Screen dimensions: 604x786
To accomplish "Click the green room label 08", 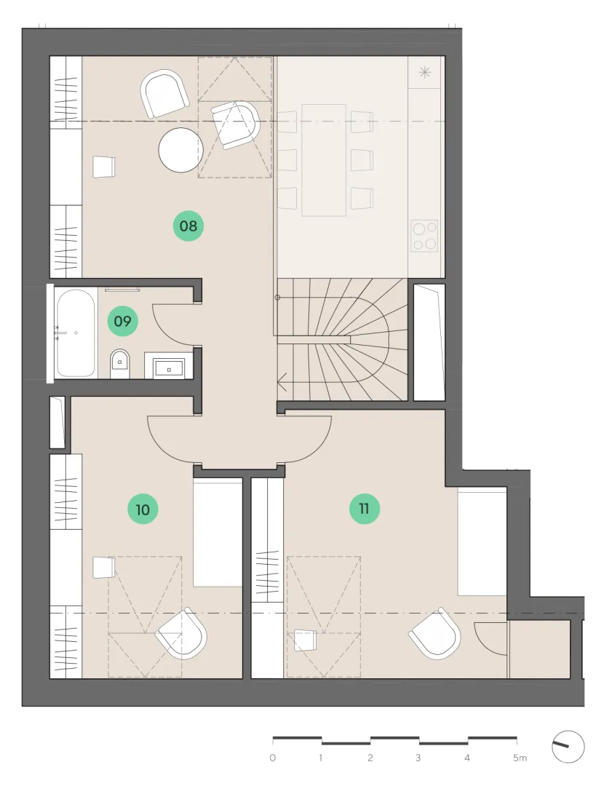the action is pos(188,226).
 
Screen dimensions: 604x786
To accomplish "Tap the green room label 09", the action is pos(123,321).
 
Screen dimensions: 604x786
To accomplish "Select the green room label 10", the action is pos(143,509).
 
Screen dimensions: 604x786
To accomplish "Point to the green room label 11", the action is pos(365,509).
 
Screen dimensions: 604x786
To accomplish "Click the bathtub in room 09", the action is pos(76,333).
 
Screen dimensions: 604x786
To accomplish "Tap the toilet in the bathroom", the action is pos(120,363).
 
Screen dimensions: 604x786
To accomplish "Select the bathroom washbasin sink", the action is pos(169,368).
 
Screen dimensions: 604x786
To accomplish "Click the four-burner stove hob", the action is pos(424,236).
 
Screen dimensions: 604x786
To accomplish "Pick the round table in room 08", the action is pos(181,150).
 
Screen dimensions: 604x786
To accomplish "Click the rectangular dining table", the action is pos(324,160).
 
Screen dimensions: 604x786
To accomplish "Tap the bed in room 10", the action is pos(218,532).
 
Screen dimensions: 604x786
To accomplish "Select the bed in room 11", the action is pos(482,542).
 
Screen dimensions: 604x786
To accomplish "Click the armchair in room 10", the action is pos(181,634).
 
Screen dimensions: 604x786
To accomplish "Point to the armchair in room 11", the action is pos(435,634).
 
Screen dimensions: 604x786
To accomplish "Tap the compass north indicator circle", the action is pos(568,747).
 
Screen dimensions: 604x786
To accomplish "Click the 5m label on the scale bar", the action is pos(520,758).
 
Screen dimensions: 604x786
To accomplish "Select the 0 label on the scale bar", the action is pos(273,758).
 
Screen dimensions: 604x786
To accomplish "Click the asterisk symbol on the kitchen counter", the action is pos(425,73).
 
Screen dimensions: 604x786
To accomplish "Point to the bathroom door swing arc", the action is pos(159,328).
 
